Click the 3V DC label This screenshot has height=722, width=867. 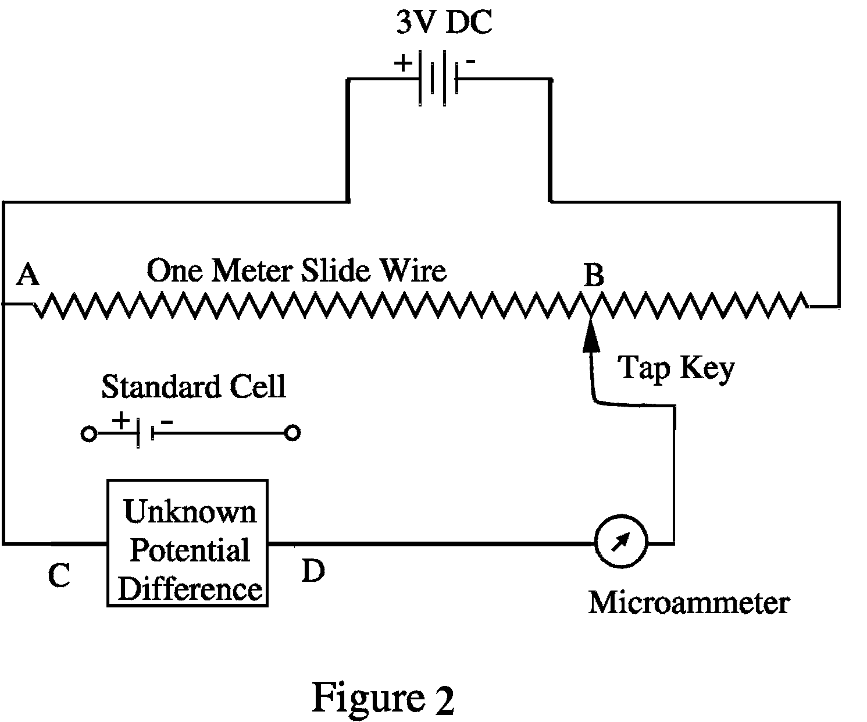(x=443, y=24)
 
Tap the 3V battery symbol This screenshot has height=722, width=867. (x=438, y=79)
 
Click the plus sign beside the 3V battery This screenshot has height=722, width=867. (x=403, y=62)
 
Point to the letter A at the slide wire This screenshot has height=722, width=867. (x=27, y=274)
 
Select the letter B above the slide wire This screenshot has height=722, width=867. (x=593, y=275)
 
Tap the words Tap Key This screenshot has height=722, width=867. (x=676, y=368)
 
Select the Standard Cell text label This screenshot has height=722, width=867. (x=194, y=386)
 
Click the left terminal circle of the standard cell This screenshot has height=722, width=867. (x=88, y=433)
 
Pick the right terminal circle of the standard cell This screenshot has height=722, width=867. (x=294, y=433)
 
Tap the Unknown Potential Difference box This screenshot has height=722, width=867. (x=187, y=543)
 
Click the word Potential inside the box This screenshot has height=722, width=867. (x=190, y=550)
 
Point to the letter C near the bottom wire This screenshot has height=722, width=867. (x=59, y=576)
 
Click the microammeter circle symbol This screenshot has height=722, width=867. (x=620, y=543)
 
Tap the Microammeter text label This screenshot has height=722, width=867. (x=688, y=603)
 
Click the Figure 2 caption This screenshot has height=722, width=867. (x=383, y=697)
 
